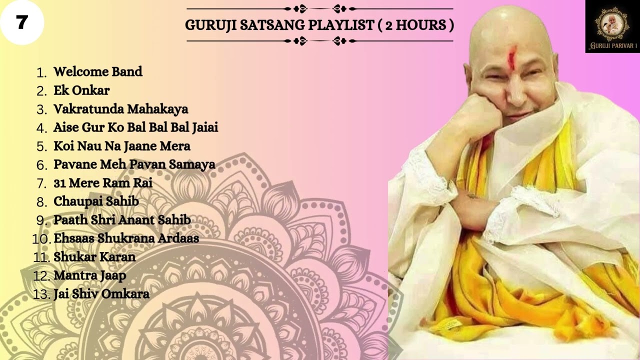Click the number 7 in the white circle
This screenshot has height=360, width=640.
(x=21, y=22)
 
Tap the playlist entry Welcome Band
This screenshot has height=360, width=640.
(x=98, y=72)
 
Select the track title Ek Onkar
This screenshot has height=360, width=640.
(x=81, y=90)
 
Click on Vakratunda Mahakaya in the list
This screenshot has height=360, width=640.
(x=120, y=109)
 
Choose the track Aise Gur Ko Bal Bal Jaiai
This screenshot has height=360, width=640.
(x=135, y=127)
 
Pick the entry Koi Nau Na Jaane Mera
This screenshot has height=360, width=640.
(x=122, y=146)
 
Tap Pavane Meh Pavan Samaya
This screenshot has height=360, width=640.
(x=134, y=164)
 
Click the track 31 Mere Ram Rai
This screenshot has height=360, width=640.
(x=103, y=183)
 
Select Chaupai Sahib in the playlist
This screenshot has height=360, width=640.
(x=96, y=201)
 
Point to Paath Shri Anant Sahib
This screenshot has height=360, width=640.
(x=122, y=220)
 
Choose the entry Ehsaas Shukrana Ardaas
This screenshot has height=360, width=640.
(x=126, y=238)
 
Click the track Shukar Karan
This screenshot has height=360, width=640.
(x=94, y=257)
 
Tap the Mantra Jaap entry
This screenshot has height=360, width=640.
(x=90, y=275)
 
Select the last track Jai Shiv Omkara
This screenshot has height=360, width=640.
(x=101, y=294)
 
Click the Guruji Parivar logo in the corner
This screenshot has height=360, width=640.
(x=612, y=26)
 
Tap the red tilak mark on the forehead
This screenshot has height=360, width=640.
(x=512, y=57)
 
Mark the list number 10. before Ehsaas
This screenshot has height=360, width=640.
(x=41, y=239)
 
